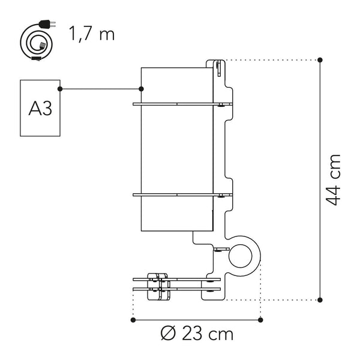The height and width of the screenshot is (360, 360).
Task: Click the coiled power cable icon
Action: (37, 44)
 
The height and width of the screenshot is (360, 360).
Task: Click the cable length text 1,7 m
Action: (91, 34)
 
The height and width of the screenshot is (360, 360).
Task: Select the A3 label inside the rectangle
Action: (40, 108)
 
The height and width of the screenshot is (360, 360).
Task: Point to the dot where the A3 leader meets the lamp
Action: (141, 89)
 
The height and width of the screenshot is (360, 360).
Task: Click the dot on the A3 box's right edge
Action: (61, 89)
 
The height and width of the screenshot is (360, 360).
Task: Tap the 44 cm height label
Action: (334, 179)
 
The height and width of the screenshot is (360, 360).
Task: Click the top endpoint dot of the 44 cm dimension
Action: (320, 60)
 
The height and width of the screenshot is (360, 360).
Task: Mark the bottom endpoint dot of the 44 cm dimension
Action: (320, 298)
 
